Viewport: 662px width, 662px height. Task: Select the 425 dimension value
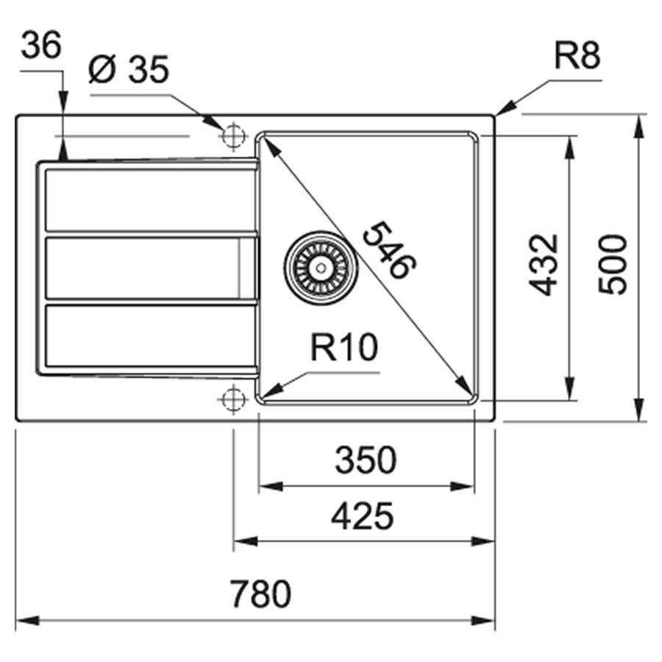click(x=362, y=516)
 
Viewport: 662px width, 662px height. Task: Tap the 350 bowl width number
click(x=366, y=461)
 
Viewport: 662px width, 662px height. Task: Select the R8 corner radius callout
click(x=577, y=57)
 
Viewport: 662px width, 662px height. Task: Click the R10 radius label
click(x=343, y=348)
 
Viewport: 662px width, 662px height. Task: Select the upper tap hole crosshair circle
click(x=233, y=136)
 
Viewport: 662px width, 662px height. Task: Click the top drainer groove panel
click(x=147, y=199)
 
